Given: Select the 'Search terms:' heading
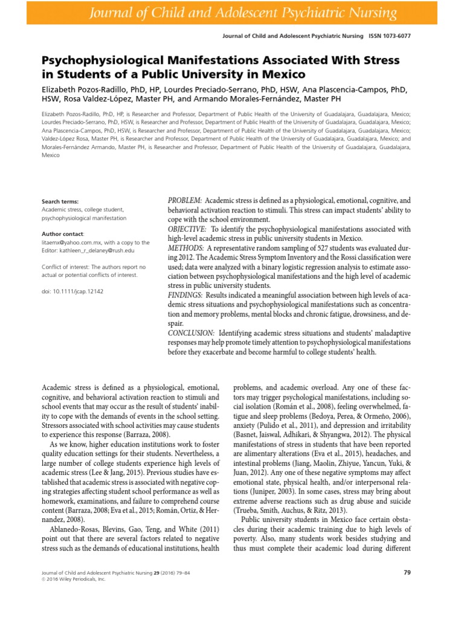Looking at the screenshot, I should tap(60, 202).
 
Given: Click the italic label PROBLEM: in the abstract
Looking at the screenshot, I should tap(185, 200).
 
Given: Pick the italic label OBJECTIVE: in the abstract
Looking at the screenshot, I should tap(187, 229).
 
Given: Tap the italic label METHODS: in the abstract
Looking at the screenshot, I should tap(185, 249).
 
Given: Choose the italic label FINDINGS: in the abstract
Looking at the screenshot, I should tap(185, 295).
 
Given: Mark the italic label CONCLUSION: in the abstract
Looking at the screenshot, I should tap(191, 333).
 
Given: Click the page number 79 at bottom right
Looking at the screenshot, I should tap(407, 572).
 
